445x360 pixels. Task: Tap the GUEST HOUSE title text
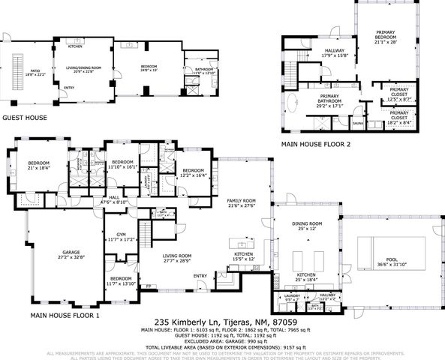pos(25,118)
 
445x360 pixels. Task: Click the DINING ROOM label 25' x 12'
pos(307,226)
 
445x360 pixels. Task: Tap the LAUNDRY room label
pos(292,298)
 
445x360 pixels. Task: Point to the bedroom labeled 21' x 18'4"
pos(39,165)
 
